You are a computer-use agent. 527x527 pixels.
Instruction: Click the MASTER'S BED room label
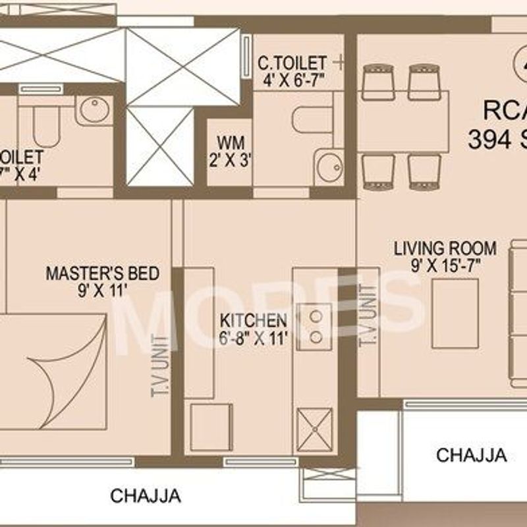tap(101, 273)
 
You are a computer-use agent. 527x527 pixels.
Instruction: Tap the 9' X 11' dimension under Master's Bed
tap(101, 290)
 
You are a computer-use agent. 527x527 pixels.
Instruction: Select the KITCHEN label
tap(253, 321)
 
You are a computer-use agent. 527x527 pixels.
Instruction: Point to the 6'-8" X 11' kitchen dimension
tap(253, 339)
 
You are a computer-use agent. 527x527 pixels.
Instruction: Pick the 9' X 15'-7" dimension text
tap(445, 266)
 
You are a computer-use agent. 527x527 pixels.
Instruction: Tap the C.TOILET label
tap(291, 63)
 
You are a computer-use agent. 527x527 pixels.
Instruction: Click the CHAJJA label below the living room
tap(472, 455)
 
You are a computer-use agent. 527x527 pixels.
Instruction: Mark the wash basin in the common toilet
tap(327, 167)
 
